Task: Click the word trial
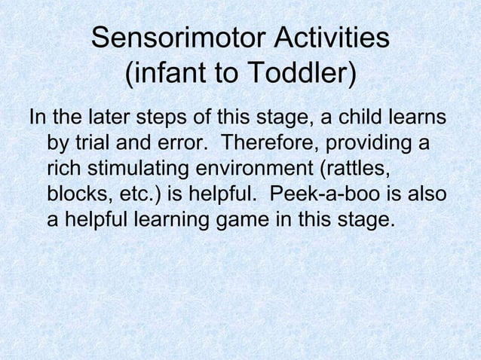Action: [91, 142]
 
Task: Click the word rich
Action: [63, 167]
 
